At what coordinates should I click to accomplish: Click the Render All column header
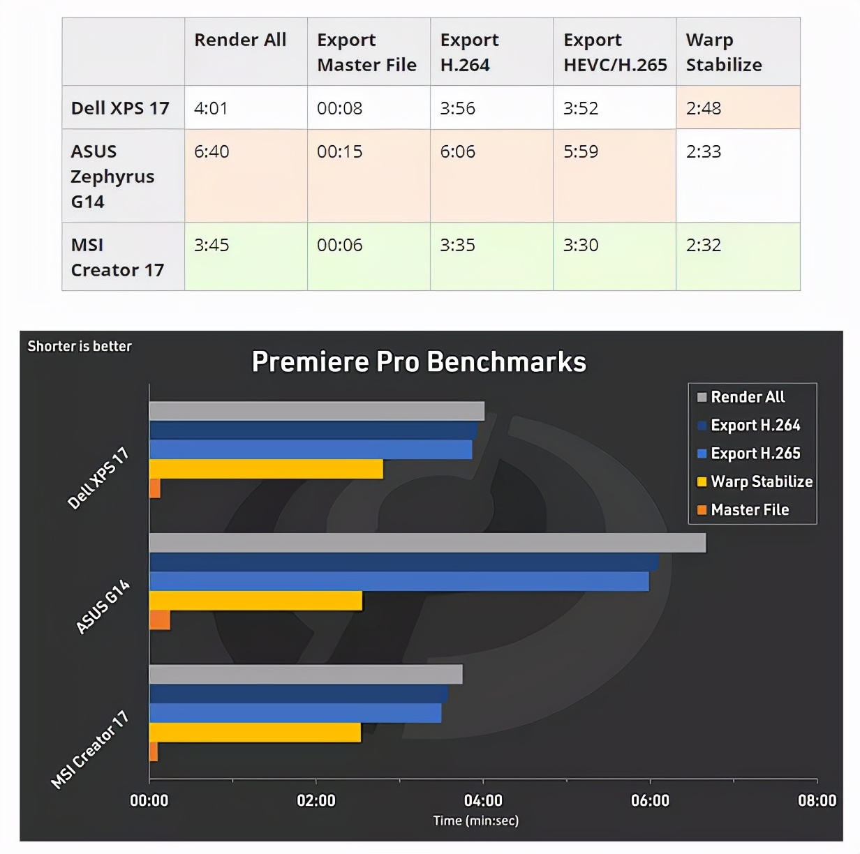click(x=240, y=40)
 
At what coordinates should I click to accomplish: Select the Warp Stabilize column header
click(x=724, y=52)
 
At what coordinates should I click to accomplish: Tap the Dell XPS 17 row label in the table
click(x=120, y=108)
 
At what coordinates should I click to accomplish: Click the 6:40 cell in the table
click(x=212, y=151)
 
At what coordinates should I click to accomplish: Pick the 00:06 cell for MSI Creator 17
click(x=340, y=245)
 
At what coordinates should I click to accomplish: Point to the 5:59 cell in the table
click(x=581, y=151)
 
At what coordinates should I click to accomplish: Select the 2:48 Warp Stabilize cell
click(x=704, y=108)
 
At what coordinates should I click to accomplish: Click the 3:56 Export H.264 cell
click(x=458, y=108)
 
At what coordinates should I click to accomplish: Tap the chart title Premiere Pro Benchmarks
click(x=419, y=362)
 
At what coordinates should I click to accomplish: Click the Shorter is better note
click(x=80, y=346)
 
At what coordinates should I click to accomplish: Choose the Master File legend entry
click(x=749, y=510)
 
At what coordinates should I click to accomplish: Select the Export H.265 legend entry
click(x=755, y=454)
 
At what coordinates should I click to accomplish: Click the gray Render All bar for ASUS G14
click(x=427, y=543)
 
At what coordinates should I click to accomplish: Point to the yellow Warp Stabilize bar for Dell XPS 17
click(x=266, y=469)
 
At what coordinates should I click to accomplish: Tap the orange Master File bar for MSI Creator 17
click(x=154, y=751)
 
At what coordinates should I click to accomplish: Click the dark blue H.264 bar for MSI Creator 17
click(x=299, y=694)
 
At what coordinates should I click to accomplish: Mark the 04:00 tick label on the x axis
click(x=483, y=800)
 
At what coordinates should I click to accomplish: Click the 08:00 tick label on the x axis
click(x=817, y=800)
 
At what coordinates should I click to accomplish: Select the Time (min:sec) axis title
click(x=475, y=821)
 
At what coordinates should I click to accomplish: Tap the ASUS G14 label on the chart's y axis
click(x=103, y=607)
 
